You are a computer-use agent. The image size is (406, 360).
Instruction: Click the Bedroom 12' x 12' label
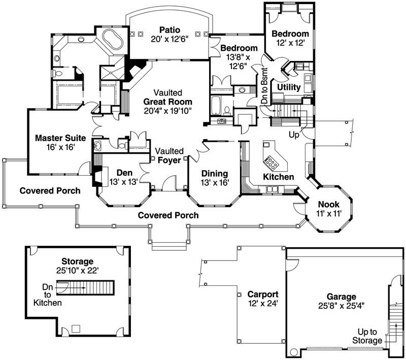[289, 39]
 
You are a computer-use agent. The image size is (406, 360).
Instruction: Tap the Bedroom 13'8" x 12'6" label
[239, 56]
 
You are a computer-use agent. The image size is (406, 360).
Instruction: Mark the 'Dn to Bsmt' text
[264, 85]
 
